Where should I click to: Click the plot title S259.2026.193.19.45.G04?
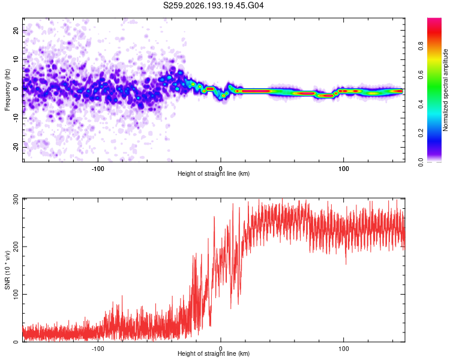pyautogui.click(x=213, y=5)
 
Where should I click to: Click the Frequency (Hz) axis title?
pyautogui.click(x=7, y=90)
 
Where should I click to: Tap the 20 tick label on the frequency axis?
pyautogui.click(x=16, y=30)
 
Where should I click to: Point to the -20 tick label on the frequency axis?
pyautogui.click(x=16, y=147)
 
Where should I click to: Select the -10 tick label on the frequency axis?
pyautogui.click(x=16, y=118)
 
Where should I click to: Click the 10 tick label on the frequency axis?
pyautogui.click(x=16, y=59)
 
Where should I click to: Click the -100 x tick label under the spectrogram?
pyautogui.click(x=98, y=169)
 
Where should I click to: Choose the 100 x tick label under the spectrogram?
pyautogui.click(x=344, y=169)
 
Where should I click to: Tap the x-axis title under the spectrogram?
pyautogui.click(x=214, y=173)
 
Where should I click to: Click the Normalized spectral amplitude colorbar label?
pyautogui.click(x=445, y=90)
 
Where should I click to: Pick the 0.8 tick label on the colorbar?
pyautogui.click(x=421, y=46)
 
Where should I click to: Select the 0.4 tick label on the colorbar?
pyautogui.click(x=421, y=104)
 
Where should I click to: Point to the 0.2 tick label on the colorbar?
pyautogui.click(x=421, y=133)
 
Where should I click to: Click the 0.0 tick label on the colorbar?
pyautogui.click(x=421, y=163)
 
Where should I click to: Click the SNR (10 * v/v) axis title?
pyautogui.click(x=7, y=270)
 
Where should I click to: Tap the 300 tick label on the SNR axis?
pyautogui.click(x=16, y=199)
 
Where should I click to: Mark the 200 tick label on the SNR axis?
pyautogui.click(x=16, y=247)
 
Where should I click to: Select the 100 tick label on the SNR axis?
pyautogui.click(x=16, y=294)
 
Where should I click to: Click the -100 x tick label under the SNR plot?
pyautogui.click(x=98, y=349)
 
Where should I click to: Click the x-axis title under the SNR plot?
pyautogui.click(x=214, y=353)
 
